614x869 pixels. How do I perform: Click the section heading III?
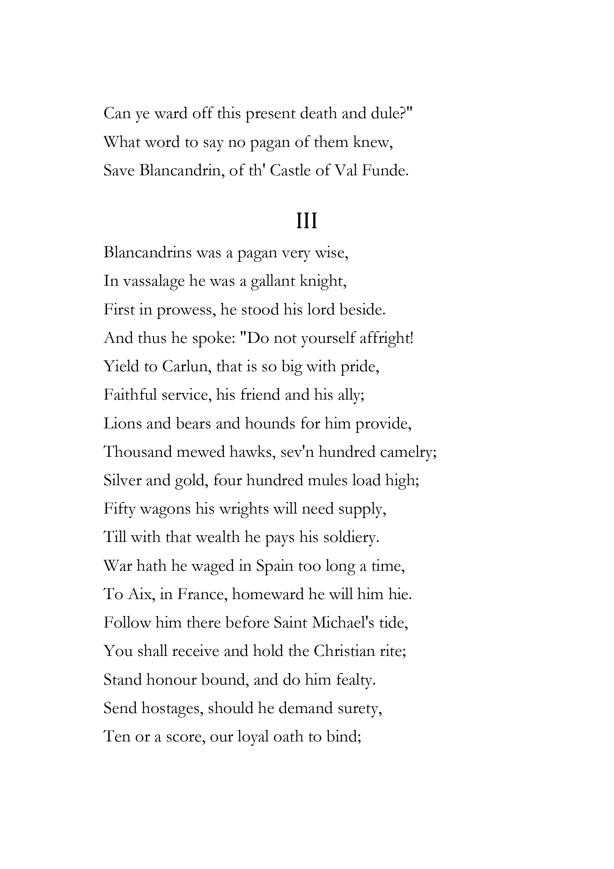tap(306, 222)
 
